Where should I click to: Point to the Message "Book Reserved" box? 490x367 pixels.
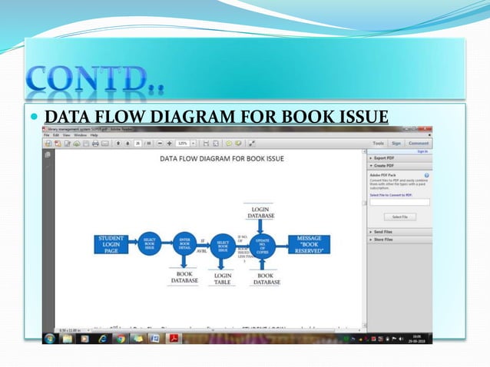point(309,244)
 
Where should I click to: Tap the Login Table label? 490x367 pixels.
point(223,279)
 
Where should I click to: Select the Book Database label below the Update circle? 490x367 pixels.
point(265,279)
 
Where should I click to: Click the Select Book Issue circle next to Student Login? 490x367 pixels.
point(150,245)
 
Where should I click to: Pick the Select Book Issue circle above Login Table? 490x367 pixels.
point(223,246)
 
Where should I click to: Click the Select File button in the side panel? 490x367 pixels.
point(399,217)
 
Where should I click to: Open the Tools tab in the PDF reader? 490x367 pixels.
point(378,143)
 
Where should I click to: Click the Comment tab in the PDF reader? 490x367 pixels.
point(419,143)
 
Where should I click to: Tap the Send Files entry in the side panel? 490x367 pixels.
point(384,231)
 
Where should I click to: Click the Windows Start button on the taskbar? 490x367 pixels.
point(51,339)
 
